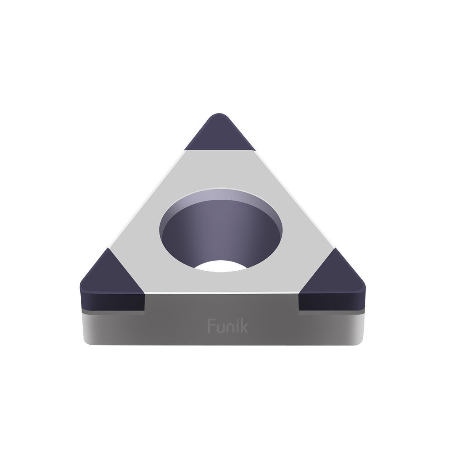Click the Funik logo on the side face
227,326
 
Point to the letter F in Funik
211,326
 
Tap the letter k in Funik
244,326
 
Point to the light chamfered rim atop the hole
221,194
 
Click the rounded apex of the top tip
219,115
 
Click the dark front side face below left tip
112,301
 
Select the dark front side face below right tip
331,301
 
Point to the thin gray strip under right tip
331,312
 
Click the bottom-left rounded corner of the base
87,342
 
